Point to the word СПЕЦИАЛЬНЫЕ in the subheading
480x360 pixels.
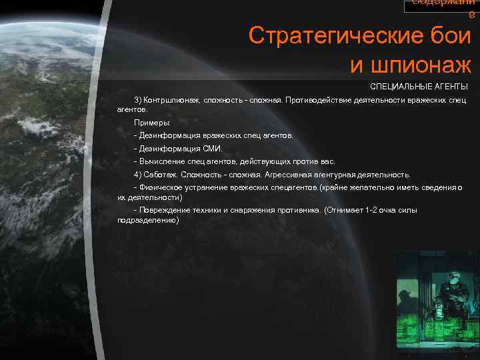(398, 87)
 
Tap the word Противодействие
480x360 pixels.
(320, 99)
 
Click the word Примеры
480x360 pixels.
(151, 123)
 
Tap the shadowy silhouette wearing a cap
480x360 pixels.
(405, 297)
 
